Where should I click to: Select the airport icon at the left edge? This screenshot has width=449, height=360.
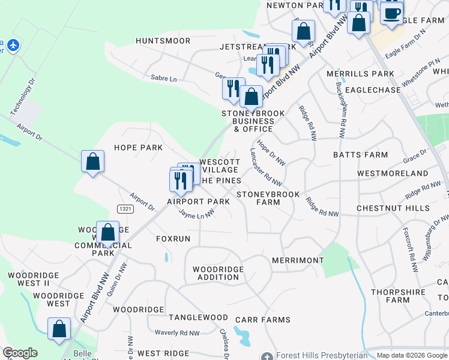(x=12, y=45)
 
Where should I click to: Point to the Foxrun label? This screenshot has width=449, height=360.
(x=173, y=239)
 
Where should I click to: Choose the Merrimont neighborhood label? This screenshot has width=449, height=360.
(x=298, y=260)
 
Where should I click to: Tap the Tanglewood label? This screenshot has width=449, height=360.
(x=198, y=317)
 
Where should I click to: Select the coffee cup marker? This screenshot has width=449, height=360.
(x=392, y=13)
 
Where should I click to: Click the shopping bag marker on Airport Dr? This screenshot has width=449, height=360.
(x=92, y=161)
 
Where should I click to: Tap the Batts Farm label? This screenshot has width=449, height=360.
(x=361, y=155)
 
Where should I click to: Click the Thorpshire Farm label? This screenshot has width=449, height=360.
(x=399, y=292)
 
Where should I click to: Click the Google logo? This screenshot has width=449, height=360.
(x=20, y=353)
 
